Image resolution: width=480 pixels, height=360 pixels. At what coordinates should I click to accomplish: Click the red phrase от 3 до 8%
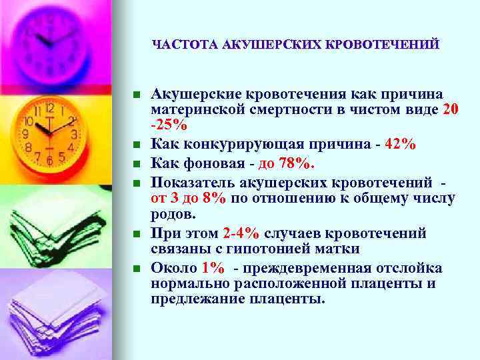coord(189,199)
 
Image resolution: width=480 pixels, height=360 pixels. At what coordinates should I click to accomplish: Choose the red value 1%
coord(213,268)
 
